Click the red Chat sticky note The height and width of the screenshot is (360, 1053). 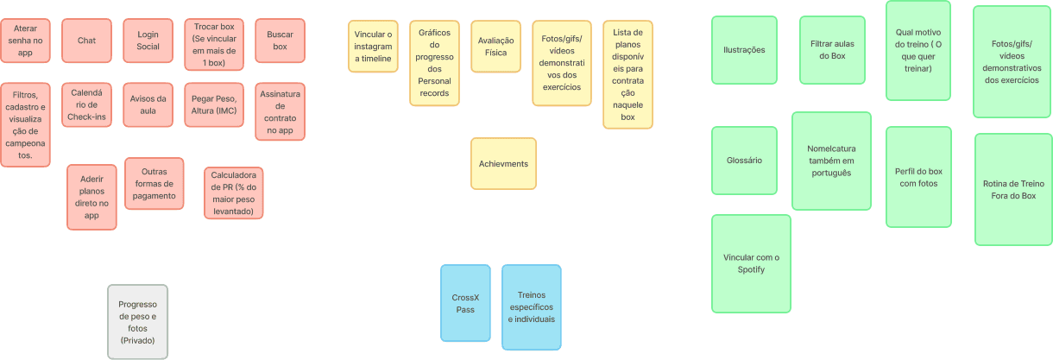[86, 41]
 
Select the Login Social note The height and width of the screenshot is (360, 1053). [148, 41]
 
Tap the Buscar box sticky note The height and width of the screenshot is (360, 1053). [280, 41]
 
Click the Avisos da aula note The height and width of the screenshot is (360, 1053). [148, 104]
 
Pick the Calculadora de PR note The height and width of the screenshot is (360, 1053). [233, 193]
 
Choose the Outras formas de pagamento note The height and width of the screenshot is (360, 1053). [154, 183]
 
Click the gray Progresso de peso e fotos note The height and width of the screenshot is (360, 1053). [138, 322]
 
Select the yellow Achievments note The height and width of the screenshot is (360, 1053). [503, 164]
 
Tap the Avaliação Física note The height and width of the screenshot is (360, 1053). [495, 47]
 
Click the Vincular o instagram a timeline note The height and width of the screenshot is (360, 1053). [374, 47]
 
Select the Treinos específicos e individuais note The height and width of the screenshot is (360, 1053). [531, 307]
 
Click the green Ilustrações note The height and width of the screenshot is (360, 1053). [744, 50]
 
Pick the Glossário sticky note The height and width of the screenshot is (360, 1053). [743, 161]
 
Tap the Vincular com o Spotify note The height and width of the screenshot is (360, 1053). [751, 263]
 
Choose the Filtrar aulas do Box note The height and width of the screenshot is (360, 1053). [832, 50]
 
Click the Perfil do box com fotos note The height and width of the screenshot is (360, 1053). [918, 177]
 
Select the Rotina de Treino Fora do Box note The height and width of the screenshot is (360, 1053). [1013, 189]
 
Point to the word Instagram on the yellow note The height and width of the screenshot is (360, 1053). [374, 47]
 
